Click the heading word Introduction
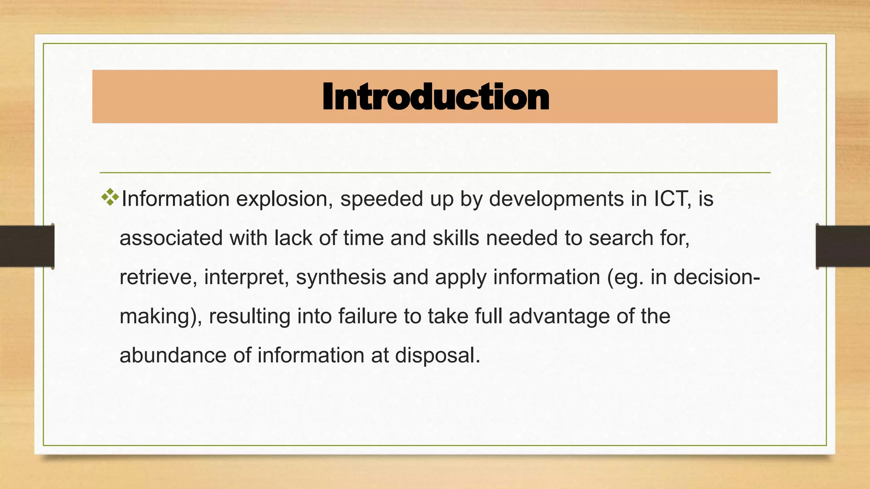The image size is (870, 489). coord(435,97)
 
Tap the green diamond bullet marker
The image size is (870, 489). coord(110,197)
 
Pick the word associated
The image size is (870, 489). coord(171,238)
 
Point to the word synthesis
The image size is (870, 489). coord(341,277)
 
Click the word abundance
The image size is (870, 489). coord(173,355)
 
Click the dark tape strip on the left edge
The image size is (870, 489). coord(27,246)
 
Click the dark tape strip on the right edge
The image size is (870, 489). coord(843,246)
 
